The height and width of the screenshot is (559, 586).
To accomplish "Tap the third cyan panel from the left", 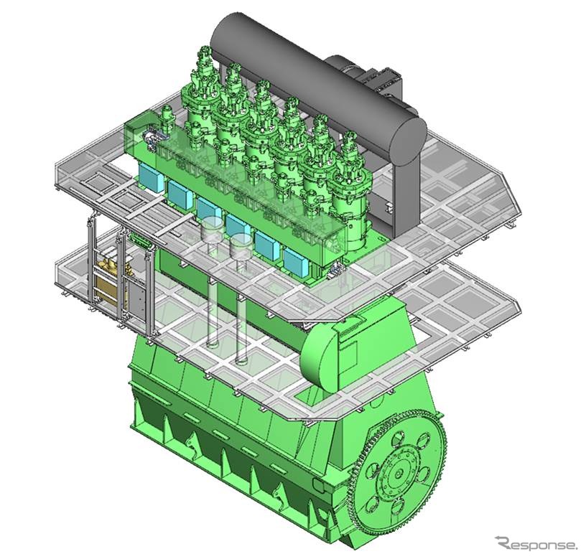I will pyautogui.click(x=208, y=209).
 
